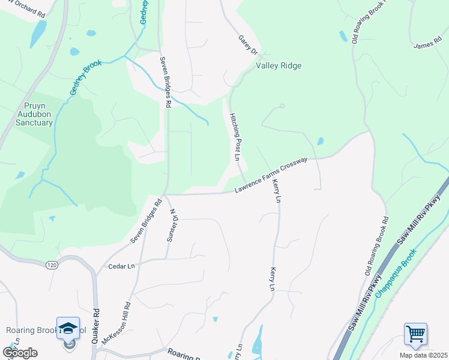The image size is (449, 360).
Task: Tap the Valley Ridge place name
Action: pyautogui.click(x=279, y=66)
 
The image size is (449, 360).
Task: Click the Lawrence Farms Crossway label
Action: pyautogui.click(x=271, y=175)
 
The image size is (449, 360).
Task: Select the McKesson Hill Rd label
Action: pyautogui.click(x=116, y=323)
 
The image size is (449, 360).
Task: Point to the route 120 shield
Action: pyautogui.click(x=53, y=264)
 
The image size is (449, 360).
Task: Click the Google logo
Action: pyautogui.click(x=20, y=353)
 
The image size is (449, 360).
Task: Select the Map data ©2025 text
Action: pyautogui.click(x=423, y=355)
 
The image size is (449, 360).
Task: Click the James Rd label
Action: pyautogui.click(x=427, y=46)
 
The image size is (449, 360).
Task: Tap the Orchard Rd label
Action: pyautogui.click(x=24, y=11)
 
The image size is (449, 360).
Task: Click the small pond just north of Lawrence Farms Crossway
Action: pyautogui.click(x=319, y=142)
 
